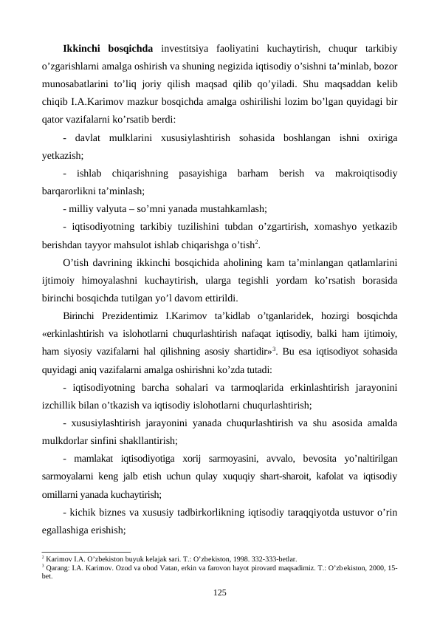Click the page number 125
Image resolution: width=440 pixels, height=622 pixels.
click(x=219, y=592)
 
